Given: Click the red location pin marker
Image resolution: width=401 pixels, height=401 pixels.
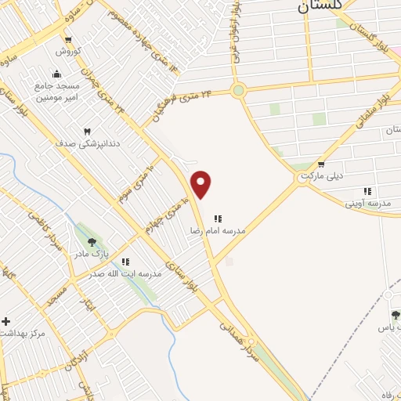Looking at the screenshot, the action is (202, 184).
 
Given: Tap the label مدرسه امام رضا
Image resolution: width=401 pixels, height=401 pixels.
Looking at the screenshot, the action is (218, 232).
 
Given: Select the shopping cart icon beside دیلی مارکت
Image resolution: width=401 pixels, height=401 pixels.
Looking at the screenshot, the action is (321, 164).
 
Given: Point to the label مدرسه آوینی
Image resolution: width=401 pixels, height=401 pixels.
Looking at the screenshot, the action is (367, 203).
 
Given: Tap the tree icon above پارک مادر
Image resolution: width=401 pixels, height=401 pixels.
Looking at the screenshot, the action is (92, 243).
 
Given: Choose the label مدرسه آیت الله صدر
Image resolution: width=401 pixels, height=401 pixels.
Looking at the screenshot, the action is (125, 274).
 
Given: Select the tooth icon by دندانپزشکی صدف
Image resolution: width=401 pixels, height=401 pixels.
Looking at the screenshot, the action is (87, 132).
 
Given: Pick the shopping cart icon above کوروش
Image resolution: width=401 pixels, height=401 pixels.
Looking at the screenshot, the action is (69, 39).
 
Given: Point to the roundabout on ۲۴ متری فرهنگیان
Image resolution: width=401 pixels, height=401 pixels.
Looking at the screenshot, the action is (239, 90).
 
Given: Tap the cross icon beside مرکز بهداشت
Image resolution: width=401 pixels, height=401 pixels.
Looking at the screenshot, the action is (6, 321).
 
